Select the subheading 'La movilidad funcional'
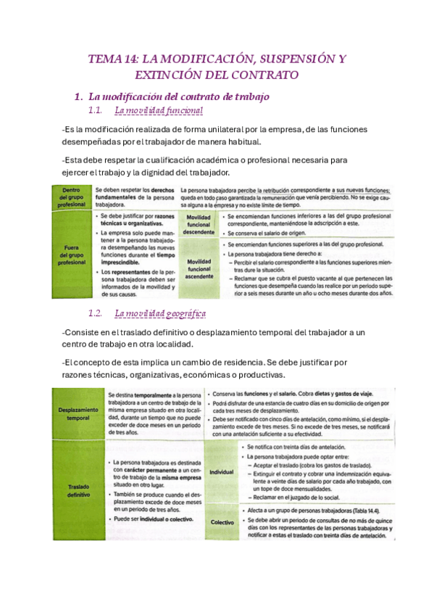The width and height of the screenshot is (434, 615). point(159,111)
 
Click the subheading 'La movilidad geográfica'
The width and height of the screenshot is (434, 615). point(160,313)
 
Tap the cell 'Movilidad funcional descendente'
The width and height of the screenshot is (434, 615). point(199,225)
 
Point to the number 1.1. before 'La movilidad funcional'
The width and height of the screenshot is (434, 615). point(96,111)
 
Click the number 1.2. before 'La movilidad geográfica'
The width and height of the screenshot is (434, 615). point(96,313)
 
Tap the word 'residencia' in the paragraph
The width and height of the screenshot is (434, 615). point(233,361)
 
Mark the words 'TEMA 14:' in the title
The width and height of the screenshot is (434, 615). point(113,59)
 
